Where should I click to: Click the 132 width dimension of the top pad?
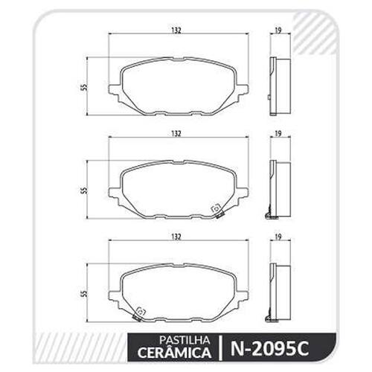pyautogui.click(x=176, y=31)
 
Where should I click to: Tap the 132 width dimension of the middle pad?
pyautogui.click(x=176, y=134)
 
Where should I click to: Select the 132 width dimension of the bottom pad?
pyautogui.click(x=176, y=237)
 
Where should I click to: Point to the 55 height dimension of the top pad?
pyautogui.click(x=85, y=86)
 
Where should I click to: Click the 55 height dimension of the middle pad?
pyautogui.click(x=85, y=190)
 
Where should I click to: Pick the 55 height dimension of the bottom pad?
pyautogui.click(x=85, y=293)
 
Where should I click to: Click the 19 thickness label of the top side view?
pyautogui.click(x=278, y=31)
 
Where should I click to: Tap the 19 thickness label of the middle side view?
pyautogui.click(x=278, y=134)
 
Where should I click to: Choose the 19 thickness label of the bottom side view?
pyautogui.click(x=278, y=237)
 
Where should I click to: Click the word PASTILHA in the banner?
pyautogui.click(x=185, y=340)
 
